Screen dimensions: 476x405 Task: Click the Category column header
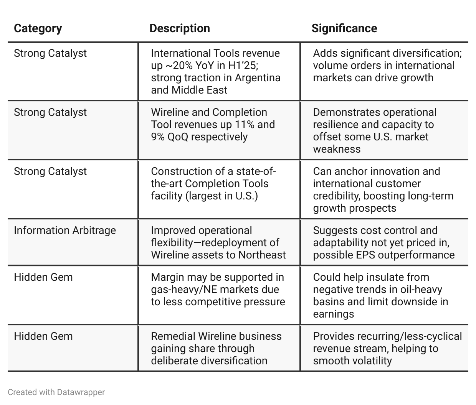click(38, 29)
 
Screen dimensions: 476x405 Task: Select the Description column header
click(180, 28)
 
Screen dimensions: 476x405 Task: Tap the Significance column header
click(344, 28)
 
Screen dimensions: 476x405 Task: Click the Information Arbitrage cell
click(65, 230)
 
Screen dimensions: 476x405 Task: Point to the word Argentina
click(258, 78)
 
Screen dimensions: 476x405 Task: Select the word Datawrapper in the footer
click(81, 392)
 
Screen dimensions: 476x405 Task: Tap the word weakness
click(337, 149)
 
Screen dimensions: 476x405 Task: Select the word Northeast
click(262, 255)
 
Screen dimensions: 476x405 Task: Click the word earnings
click(334, 314)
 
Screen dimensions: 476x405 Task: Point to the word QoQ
click(178, 137)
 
